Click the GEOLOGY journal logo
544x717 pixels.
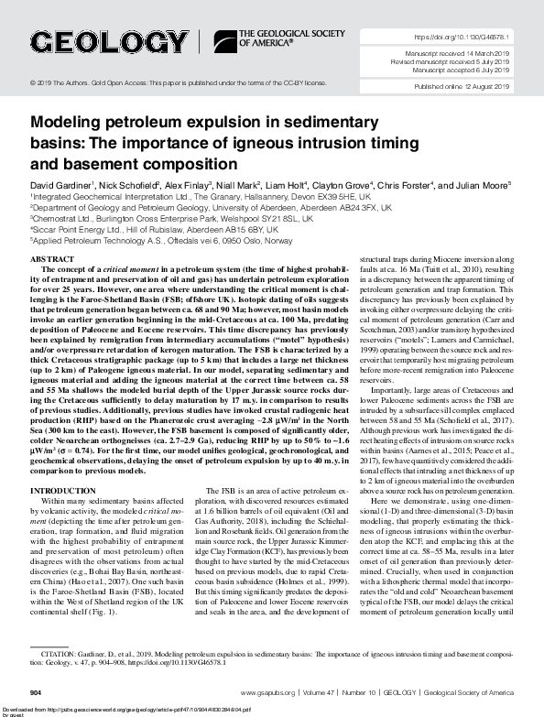[x=105, y=43]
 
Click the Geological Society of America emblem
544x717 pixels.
[x=223, y=39]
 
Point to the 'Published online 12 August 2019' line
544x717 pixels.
[x=473, y=87]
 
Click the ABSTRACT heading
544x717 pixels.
[x=53, y=260]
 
